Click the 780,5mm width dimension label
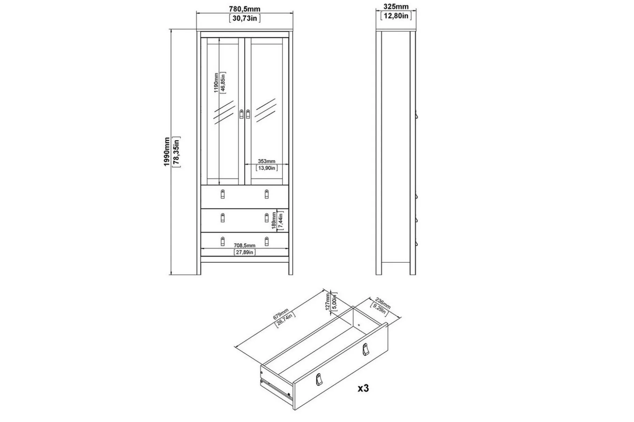pos(244,9)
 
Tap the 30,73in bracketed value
pos(245,18)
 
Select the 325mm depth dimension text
pos(396,6)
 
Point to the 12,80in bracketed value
pos(396,16)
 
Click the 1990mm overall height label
pos(167,152)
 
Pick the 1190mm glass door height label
pos(216,83)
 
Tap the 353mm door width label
pos(267,161)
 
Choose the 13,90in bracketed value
pos(267,168)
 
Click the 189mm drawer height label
pos(274,221)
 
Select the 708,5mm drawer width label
pos(244,245)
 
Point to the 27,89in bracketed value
pos(244,252)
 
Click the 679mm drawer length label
pos(281,314)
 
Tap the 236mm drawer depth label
pos(383,303)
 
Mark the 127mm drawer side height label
pos(328,302)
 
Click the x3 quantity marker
pos(363,388)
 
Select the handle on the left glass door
pos(242,114)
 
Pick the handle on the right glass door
pos(248,114)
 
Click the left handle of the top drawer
pos(223,194)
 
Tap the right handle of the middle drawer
pos(267,217)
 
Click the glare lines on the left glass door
pos(224,112)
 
